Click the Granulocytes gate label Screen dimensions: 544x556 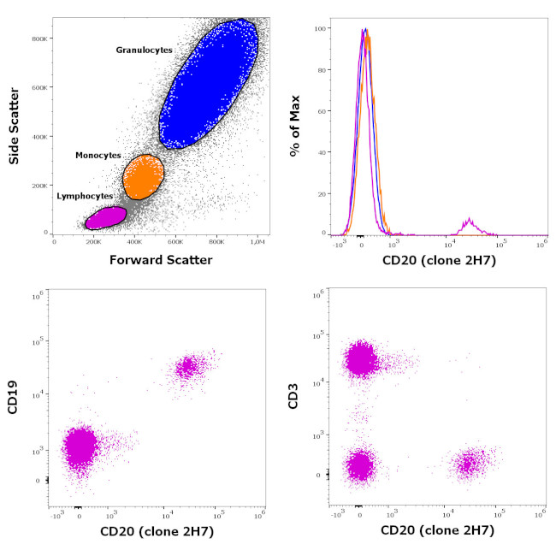[x=144, y=50]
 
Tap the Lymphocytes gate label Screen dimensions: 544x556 [x=85, y=196]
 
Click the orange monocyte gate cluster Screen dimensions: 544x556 [x=143, y=178]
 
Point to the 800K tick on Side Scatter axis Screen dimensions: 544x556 [x=38, y=38]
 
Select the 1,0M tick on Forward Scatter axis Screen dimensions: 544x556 [x=257, y=242]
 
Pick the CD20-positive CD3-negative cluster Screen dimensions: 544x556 [x=468, y=464]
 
